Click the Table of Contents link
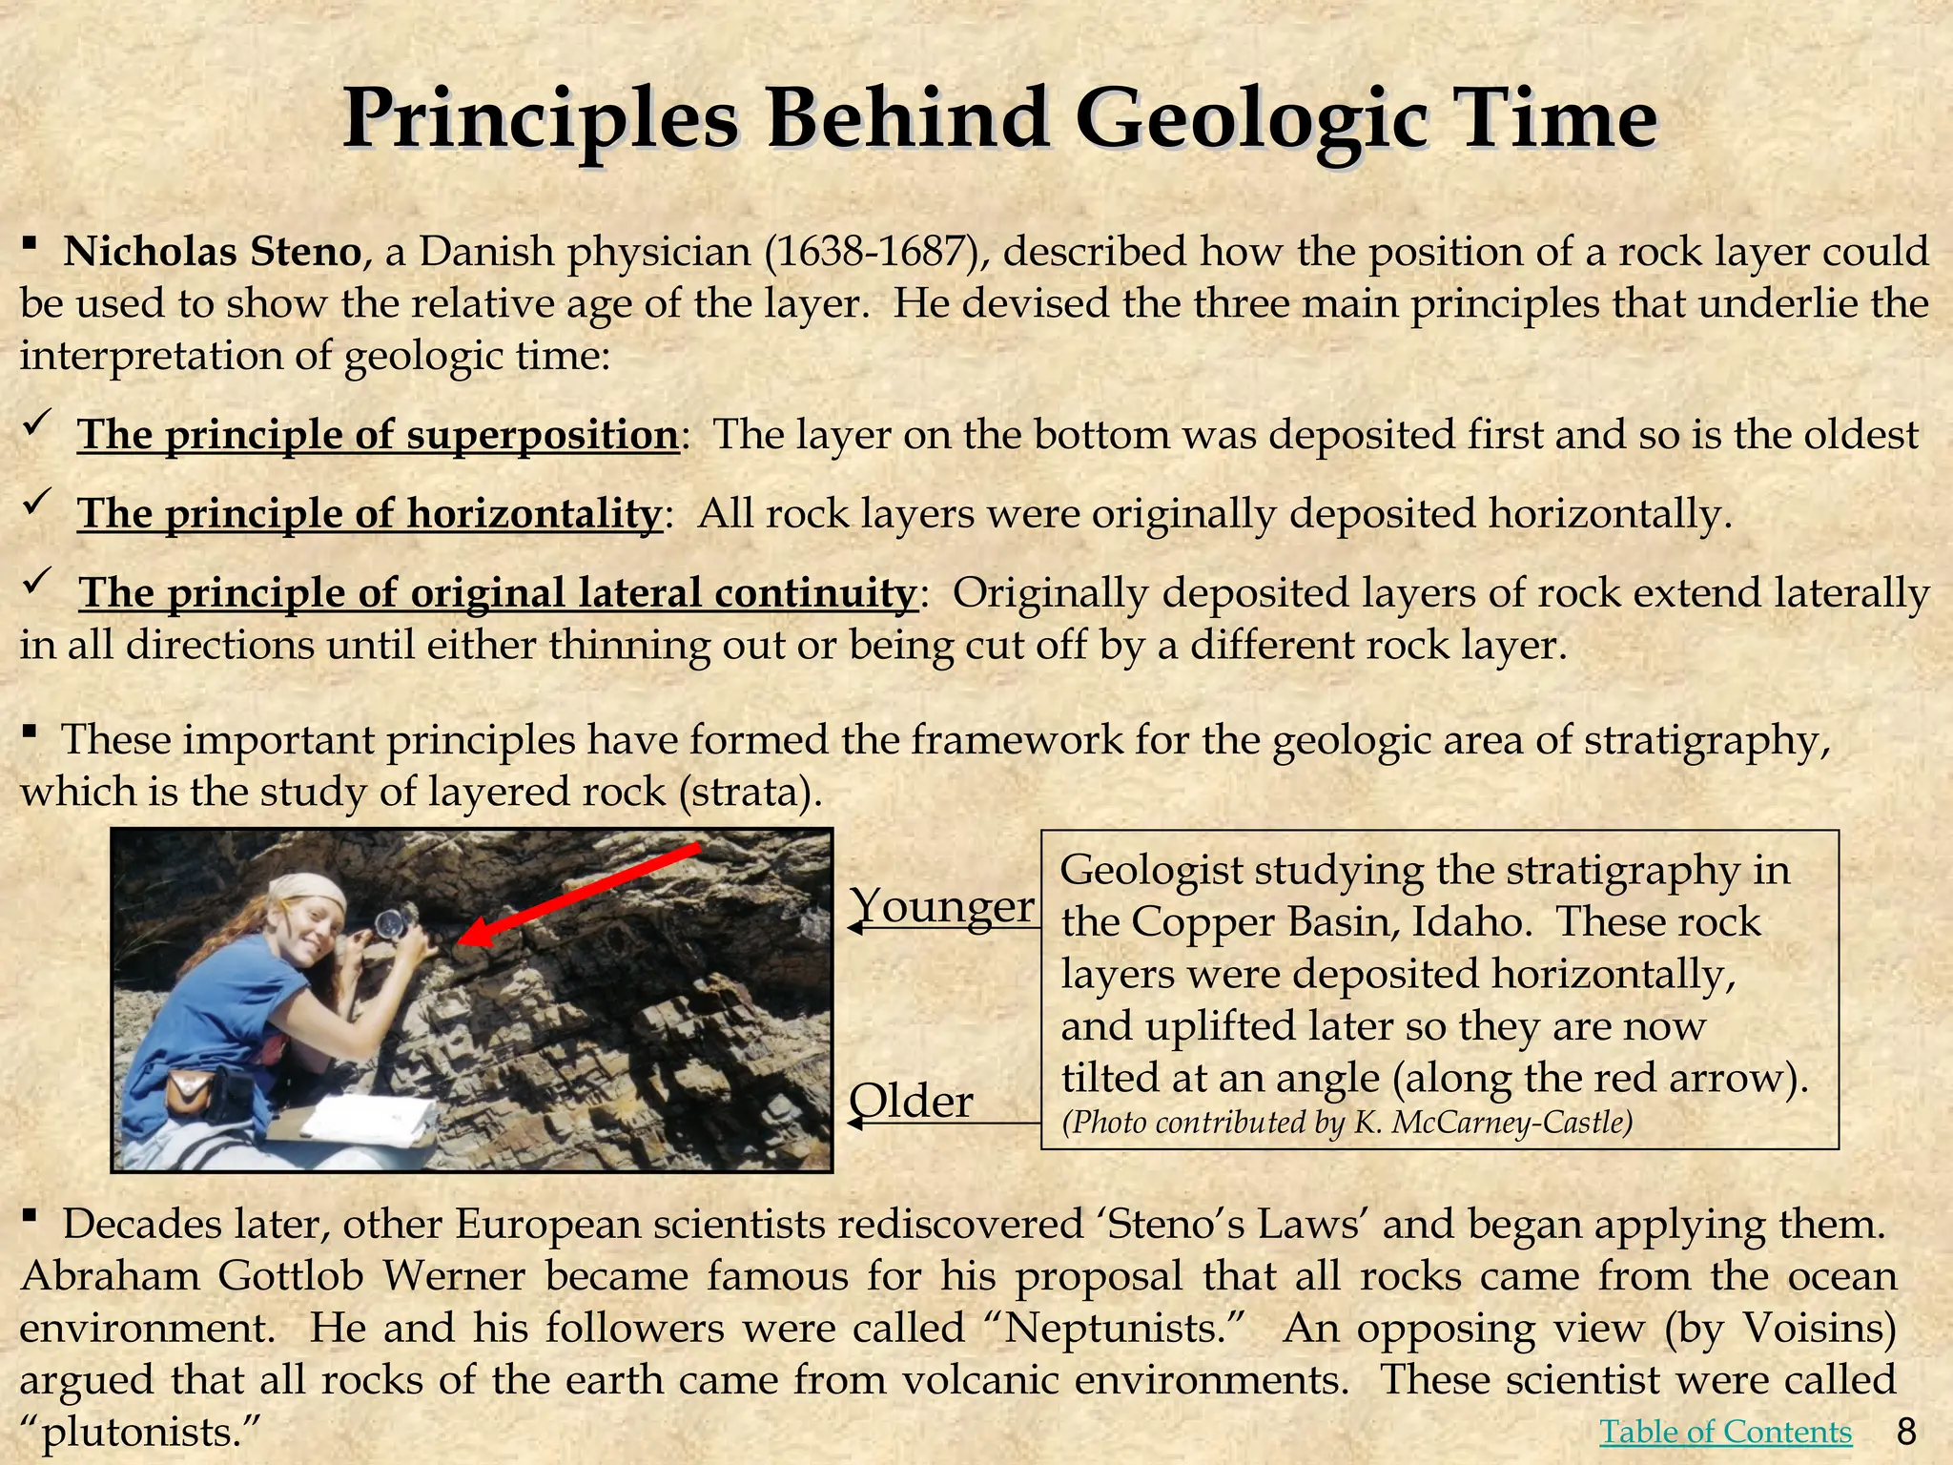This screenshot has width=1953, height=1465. pos(1725,1432)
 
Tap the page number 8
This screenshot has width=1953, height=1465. pos(1906,1432)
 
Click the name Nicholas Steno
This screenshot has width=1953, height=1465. pos(212,253)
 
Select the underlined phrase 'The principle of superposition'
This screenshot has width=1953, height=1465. pos(378,435)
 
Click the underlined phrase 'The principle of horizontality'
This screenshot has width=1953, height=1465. pos(369,514)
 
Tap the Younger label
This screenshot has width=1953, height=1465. pos(941,905)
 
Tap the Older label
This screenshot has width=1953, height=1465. pos(911,1102)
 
